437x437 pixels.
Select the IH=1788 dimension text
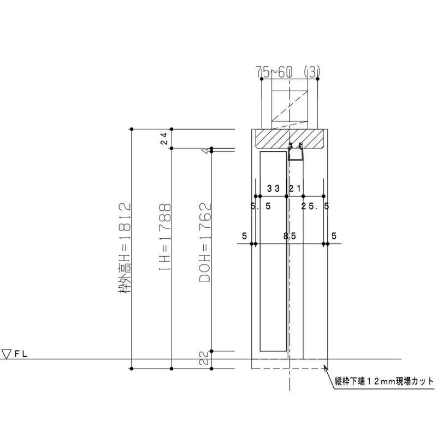[165, 237]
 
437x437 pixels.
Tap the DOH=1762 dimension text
[205, 243]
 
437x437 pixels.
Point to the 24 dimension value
[164, 139]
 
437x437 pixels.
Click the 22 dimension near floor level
[204, 358]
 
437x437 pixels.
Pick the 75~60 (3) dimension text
[288, 73]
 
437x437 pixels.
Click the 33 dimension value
[273, 188]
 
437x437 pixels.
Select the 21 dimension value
[295, 188]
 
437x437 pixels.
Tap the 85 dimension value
[290, 237]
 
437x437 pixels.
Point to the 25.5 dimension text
[315, 206]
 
